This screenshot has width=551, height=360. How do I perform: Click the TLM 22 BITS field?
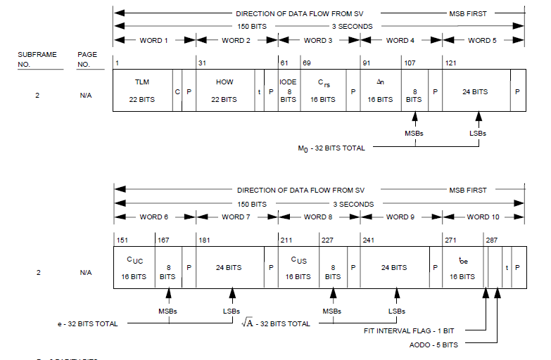(x=142, y=91)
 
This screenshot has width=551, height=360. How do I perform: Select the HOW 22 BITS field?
(x=224, y=91)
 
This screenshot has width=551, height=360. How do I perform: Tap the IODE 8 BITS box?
(x=289, y=91)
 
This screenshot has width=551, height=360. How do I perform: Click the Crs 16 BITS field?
(x=323, y=91)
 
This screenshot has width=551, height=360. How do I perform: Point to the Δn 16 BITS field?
(x=380, y=91)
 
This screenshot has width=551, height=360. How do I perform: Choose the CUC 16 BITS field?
(x=134, y=268)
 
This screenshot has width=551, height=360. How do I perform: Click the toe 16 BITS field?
(x=462, y=268)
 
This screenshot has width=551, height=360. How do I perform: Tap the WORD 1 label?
(x=155, y=41)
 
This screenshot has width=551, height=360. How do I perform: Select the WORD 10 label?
(x=483, y=217)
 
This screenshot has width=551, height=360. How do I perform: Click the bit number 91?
(x=365, y=63)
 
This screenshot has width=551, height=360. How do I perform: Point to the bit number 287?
(x=491, y=240)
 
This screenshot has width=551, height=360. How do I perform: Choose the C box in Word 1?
(x=177, y=91)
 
